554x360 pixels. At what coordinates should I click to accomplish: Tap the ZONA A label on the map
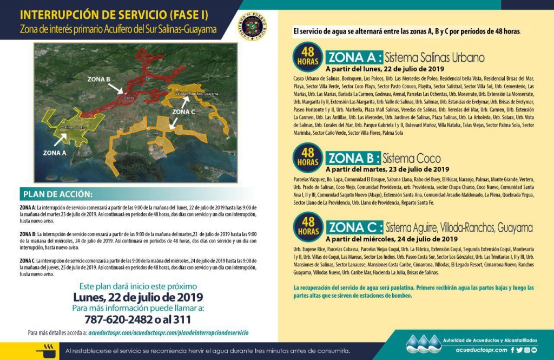point(55,153)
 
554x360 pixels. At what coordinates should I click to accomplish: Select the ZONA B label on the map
point(100,79)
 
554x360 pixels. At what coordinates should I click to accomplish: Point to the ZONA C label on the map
point(184,112)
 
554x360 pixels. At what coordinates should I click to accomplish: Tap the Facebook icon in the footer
point(512,350)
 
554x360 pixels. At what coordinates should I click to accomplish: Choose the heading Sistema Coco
point(411,159)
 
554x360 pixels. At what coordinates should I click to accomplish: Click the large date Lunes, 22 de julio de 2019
point(138,297)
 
